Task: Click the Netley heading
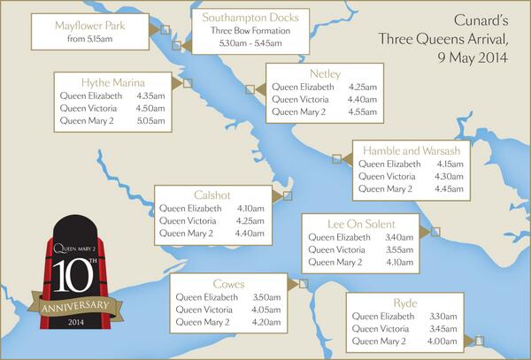326,73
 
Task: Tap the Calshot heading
211,195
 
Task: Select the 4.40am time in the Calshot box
250,233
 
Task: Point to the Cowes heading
228,284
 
